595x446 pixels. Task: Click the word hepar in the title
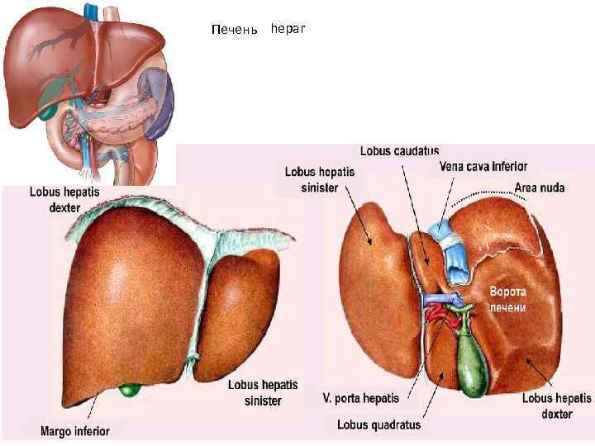pyautogui.click(x=288, y=29)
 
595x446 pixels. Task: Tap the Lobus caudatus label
pyautogui.click(x=399, y=151)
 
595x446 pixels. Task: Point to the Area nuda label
pyautogui.click(x=540, y=187)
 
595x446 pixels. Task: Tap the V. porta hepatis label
pyautogui.click(x=360, y=398)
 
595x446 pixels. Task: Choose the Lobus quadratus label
pyautogui.click(x=378, y=425)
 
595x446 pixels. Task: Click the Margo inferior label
pyautogui.click(x=74, y=430)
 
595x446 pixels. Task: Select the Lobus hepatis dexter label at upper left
pyautogui.click(x=64, y=198)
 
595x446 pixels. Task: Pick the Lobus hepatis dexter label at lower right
pyautogui.click(x=556, y=406)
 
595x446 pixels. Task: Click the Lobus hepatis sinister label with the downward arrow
pyautogui.click(x=320, y=179)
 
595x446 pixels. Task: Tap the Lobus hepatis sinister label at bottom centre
pyautogui.click(x=263, y=392)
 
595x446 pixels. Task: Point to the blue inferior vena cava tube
pyautogui.click(x=455, y=256)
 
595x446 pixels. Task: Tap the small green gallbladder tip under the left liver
pyautogui.click(x=128, y=388)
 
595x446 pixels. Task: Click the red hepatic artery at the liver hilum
pyautogui.click(x=436, y=313)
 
